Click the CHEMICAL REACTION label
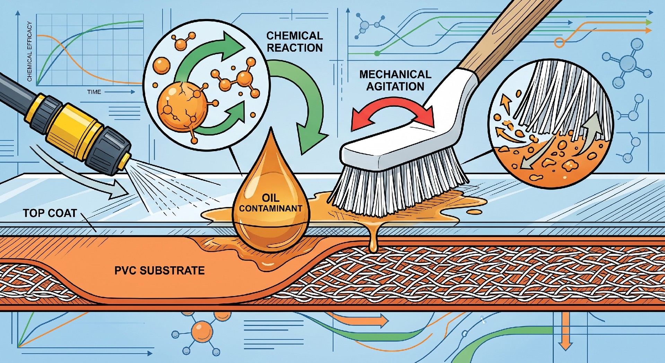[x=295, y=42]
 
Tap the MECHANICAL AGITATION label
[x=395, y=80]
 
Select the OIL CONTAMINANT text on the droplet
[x=270, y=203]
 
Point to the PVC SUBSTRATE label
[x=159, y=270]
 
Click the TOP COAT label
[x=50, y=213]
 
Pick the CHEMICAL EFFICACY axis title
[x=29, y=52]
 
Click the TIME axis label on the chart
[x=94, y=92]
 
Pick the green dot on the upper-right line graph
[x=377, y=53]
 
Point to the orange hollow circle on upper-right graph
[x=559, y=43]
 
